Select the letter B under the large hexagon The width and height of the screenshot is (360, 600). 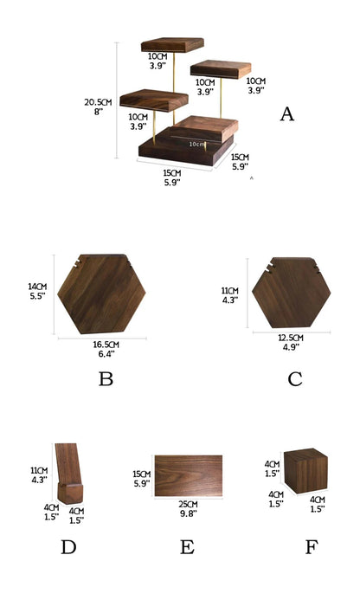106,378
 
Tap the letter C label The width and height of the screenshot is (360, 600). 295,378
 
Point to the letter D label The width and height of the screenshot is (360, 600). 68,547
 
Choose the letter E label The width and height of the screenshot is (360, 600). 188,547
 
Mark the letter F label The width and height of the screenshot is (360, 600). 311,547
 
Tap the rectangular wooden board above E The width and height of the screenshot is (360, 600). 190,476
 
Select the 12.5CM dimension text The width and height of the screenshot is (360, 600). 291,338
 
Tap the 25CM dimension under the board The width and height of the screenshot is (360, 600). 189,505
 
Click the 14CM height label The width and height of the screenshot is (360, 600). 36,287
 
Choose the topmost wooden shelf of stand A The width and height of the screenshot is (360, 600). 170,44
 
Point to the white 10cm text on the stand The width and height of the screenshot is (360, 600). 197,144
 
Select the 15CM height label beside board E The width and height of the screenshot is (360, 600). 140,474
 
